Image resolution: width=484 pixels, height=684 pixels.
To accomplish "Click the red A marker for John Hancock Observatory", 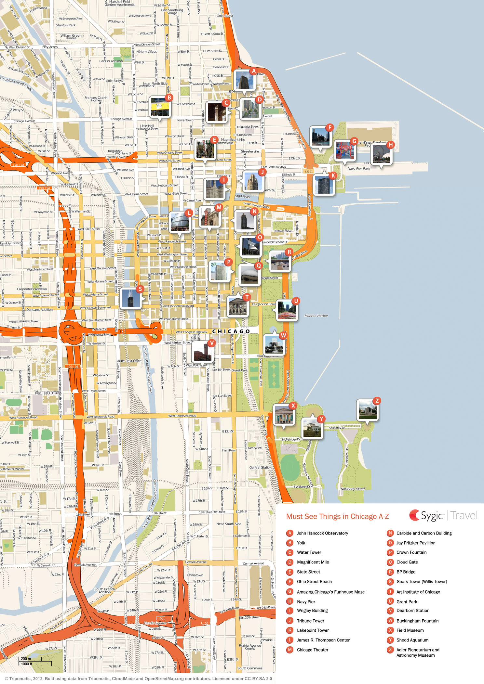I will tap(254, 71).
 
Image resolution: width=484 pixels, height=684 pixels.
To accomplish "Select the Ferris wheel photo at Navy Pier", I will tap(382, 154).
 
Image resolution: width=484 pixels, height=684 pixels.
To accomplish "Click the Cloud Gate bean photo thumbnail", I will tap(249, 275).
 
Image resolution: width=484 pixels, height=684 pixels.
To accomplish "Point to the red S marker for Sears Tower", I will tap(140, 289).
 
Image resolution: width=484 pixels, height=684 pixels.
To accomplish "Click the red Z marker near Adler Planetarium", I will tap(377, 401).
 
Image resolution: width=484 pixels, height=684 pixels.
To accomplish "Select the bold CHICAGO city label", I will tap(231, 331).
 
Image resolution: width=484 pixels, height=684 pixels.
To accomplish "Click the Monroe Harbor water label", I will tap(316, 316).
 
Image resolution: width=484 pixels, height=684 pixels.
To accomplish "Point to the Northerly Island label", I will tap(353, 489).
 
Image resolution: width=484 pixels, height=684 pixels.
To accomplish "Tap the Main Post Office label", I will tap(129, 361).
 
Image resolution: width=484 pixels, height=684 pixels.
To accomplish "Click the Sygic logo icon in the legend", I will tap(414, 515).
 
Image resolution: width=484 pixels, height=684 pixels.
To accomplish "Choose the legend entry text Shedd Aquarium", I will tap(412, 640).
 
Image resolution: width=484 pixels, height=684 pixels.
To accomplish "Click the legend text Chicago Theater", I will tap(312, 650).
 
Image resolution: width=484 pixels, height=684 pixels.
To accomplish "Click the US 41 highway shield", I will tap(309, 172).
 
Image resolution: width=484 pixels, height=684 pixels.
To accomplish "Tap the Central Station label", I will tap(260, 468).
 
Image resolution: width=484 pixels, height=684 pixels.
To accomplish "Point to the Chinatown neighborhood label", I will tap(195, 575).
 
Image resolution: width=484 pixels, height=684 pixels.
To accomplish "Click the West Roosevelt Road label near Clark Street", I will tap(182, 416).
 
